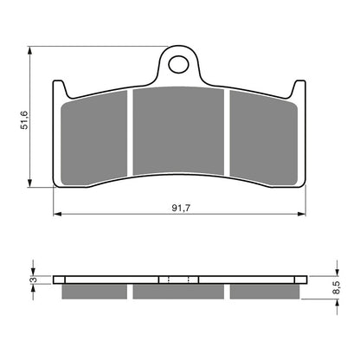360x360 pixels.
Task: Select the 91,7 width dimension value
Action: (x=180, y=207)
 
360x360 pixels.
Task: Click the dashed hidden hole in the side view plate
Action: (x=179, y=280)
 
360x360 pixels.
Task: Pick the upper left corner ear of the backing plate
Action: (x=59, y=86)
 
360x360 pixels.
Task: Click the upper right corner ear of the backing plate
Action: (x=301, y=86)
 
